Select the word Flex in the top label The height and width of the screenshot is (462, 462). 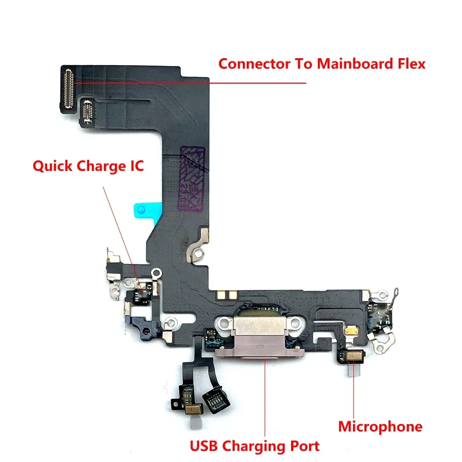click(x=412, y=64)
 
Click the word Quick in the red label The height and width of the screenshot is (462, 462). click(x=53, y=166)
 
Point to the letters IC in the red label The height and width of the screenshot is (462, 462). click(x=137, y=166)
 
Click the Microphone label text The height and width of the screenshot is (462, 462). click(x=380, y=426)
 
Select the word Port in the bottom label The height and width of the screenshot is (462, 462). click(x=305, y=446)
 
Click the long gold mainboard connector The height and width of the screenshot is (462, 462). click(x=68, y=88)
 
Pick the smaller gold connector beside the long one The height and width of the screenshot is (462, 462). click(x=87, y=111)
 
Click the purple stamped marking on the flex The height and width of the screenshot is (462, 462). click(x=192, y=178)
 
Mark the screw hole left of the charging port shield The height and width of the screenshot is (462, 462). click(x=225, y=323)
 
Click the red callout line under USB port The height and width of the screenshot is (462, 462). click(x=265, y=398)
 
